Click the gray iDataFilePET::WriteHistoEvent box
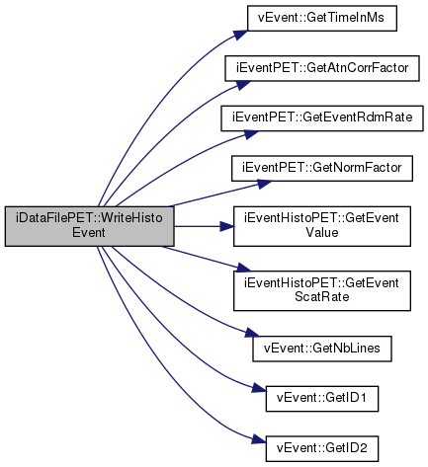coord(89,226)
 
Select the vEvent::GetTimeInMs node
coord(322,19)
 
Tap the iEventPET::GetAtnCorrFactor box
coord(322,68)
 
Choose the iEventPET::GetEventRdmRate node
coord(322,118)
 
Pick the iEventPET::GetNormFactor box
coord(322,169)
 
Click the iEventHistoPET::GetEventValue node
coord(322,226)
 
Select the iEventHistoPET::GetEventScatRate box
coord(322,290)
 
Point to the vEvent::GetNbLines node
coord(322,349)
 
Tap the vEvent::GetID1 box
coord(322,399)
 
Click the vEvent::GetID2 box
coord(322,449)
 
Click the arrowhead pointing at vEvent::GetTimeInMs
coord(241,35)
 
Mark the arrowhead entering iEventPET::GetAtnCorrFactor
coord(243,84)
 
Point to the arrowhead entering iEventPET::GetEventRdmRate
coord(251,133)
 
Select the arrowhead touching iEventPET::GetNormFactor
coord(264,184)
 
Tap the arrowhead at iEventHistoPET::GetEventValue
coord(226,226)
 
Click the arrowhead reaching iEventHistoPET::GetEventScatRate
coord(243,268)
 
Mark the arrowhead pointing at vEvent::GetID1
coord(258,388)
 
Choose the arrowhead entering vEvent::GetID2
coord(258,439)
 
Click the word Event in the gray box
coord(89,233)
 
